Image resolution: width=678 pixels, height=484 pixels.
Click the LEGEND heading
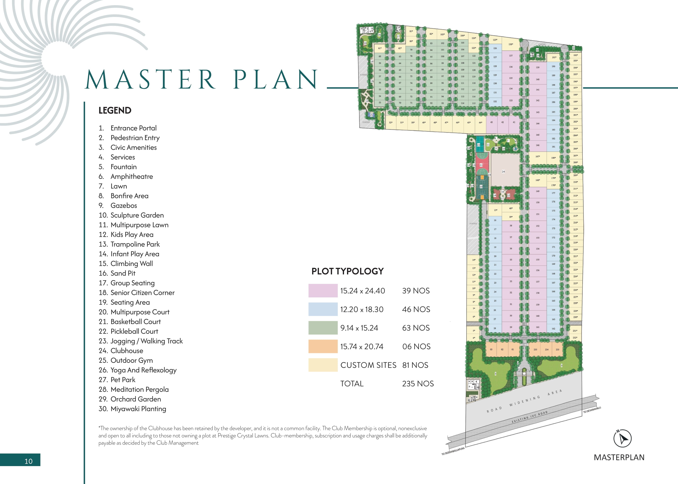coord(115,111)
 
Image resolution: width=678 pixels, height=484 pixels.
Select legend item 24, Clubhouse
coord(126,351)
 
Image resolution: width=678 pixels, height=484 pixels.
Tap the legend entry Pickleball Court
coord(134,331)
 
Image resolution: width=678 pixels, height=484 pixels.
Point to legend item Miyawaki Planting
coord(138,409)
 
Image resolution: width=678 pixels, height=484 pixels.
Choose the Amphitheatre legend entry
coord(131,177)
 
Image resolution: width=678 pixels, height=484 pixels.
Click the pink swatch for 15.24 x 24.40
coord(323,291)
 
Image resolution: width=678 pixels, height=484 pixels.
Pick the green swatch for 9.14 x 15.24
coord(323,328)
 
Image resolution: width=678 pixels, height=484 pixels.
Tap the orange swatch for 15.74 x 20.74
coord(323,347)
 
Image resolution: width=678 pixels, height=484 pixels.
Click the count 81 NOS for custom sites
coord(415,365)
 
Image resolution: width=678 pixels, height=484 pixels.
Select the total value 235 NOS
coord(418,384)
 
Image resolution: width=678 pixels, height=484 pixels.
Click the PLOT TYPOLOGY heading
coord(347,271)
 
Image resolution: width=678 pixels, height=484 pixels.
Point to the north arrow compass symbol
coord(622,439)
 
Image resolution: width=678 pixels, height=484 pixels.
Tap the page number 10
coord(28,461)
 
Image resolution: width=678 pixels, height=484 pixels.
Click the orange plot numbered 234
coord(547,350)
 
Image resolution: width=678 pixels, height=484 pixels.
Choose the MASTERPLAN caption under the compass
coord(619,457)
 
